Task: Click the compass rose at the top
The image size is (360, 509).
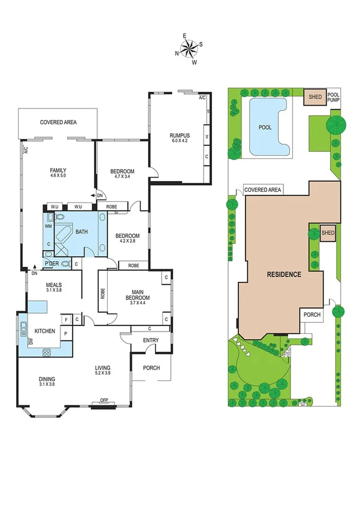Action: coord(189,47)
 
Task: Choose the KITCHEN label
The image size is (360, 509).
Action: coord(45,331)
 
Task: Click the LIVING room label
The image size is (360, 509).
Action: coord(103,368)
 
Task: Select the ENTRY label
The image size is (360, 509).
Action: coord(150,341)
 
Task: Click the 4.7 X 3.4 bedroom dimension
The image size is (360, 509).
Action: coord(122,177)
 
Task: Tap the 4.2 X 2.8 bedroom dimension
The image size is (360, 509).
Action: coord(127,242)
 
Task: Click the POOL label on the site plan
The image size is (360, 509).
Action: coord(265,128)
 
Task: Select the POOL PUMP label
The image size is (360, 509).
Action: coord(333,98)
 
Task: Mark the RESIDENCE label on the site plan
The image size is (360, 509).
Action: coord(283,274)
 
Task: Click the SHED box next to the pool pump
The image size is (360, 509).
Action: coord(314,97)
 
